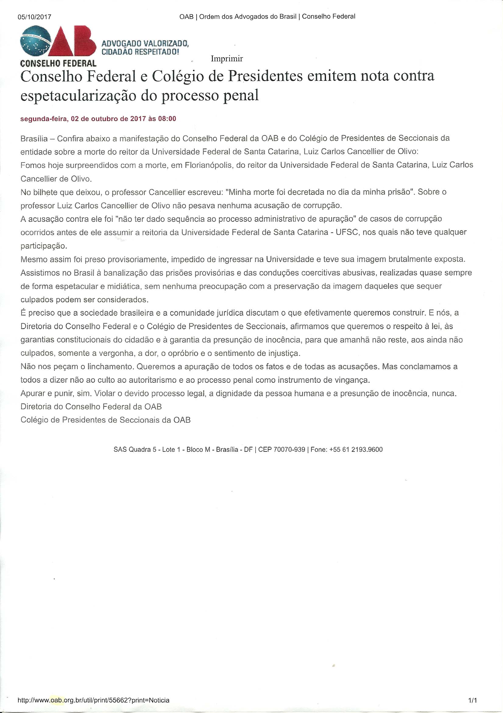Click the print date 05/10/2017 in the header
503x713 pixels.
point(34,17)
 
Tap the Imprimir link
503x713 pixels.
point(227,59)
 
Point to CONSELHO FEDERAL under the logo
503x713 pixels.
point(58,64)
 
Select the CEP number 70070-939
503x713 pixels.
point(289,449)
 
